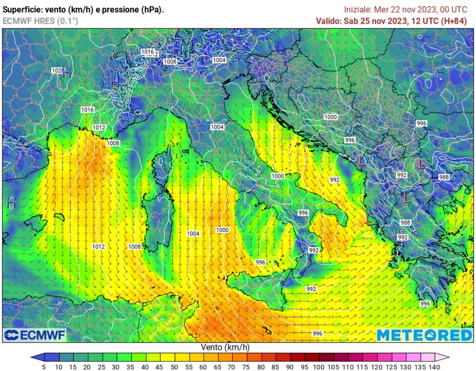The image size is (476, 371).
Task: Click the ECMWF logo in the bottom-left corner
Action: [35, 335]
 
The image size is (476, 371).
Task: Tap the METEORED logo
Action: [424, 335]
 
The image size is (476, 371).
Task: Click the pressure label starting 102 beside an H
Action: [56, 71]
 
